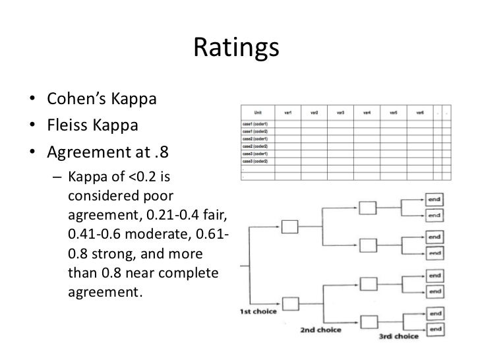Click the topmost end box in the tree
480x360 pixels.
(x=435, y=198)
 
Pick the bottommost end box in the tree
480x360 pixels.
(x=435, y=328)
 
